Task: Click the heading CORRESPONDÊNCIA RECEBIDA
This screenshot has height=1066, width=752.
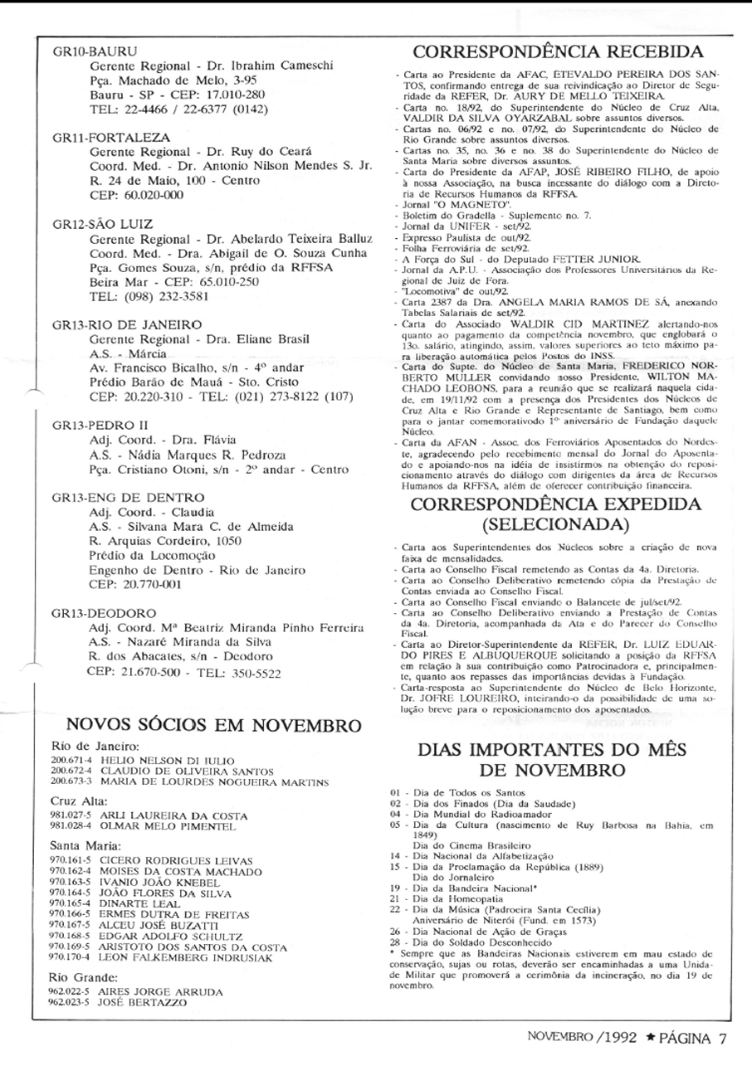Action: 564,51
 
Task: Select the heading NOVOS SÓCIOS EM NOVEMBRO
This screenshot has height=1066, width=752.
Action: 213,724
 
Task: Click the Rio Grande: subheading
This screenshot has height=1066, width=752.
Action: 84,976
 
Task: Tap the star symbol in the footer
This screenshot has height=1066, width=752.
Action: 651,1037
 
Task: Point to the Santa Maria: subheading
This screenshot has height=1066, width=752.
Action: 86,845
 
